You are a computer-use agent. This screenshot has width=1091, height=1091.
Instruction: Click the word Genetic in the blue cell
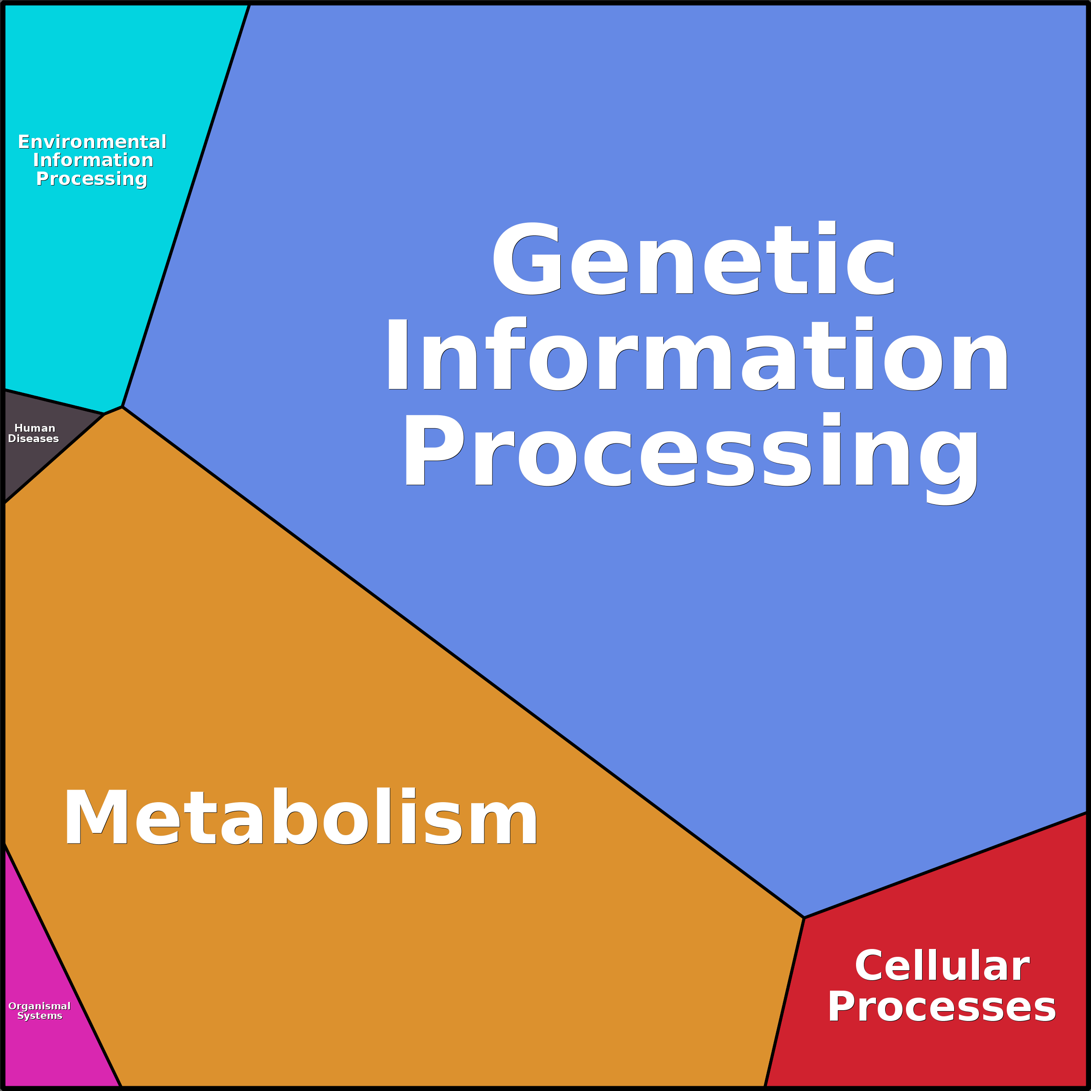(694, 258)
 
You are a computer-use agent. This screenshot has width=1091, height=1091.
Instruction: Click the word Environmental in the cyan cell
(92, 142)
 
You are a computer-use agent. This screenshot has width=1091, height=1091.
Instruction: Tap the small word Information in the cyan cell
(93, 160)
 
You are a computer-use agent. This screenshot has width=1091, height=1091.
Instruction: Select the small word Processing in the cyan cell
(92, 179)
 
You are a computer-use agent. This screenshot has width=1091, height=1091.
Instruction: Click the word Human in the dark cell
(34, 428)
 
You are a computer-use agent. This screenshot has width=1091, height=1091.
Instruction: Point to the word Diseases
(33, 439)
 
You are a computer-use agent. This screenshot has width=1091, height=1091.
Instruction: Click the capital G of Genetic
(527, 258)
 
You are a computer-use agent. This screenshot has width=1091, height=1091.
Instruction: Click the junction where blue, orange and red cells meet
(804, 918)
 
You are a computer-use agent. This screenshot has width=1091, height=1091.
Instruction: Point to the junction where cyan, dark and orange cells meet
(104, 414)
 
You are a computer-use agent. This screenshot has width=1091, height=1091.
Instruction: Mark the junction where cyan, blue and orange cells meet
(122, 407)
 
